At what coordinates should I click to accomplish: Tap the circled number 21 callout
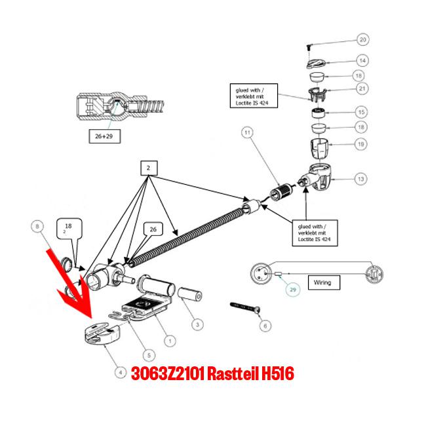click(x=362, y=88)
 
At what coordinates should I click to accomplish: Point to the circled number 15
click(x=362, y=111)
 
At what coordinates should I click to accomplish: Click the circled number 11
click(x=247, y=134)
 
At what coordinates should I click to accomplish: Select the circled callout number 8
click(x=37, y=227)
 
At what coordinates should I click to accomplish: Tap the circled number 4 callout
click(x=121, y=372)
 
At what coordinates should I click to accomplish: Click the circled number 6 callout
click(x=264, y=325)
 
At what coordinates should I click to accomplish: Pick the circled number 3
click(x=197, y=324)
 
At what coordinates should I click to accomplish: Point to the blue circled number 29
click(x=294, y=288)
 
